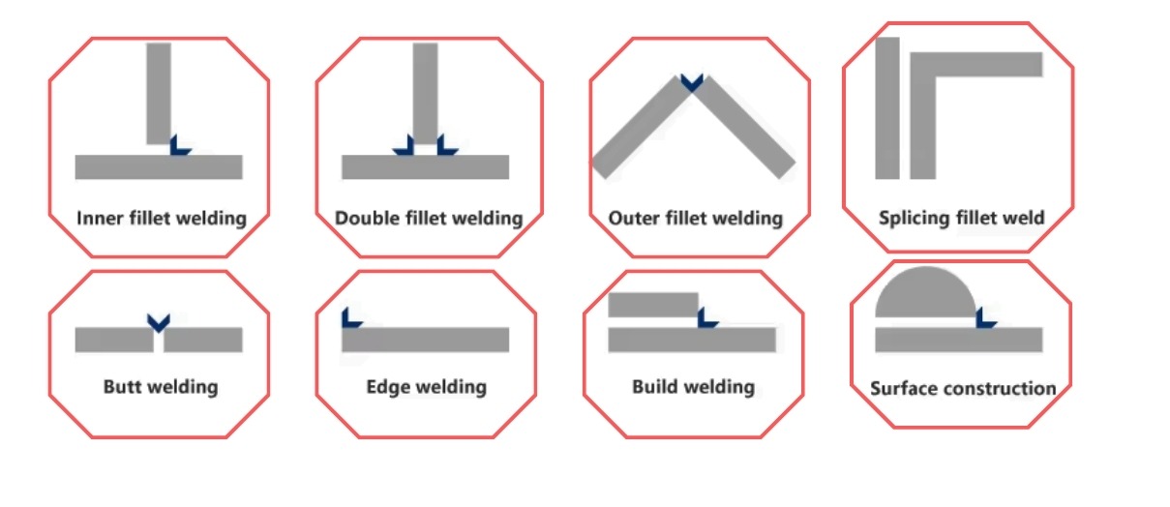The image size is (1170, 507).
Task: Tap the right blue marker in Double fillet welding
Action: pyautogui.click(x=446, y=145)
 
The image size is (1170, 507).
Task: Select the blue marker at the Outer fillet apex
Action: pyautogui.click(x=691, y=83)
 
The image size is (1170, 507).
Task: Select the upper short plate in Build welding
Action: pyautogui.click(x=653, y=305)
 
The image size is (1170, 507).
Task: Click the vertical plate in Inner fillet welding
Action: pyautogui.click(x=159, y=92)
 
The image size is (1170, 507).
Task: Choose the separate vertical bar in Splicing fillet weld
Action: pyautogui.click(x=887, y=107)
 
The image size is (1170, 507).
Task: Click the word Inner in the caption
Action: pyautogui.click(x=100, y=218)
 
